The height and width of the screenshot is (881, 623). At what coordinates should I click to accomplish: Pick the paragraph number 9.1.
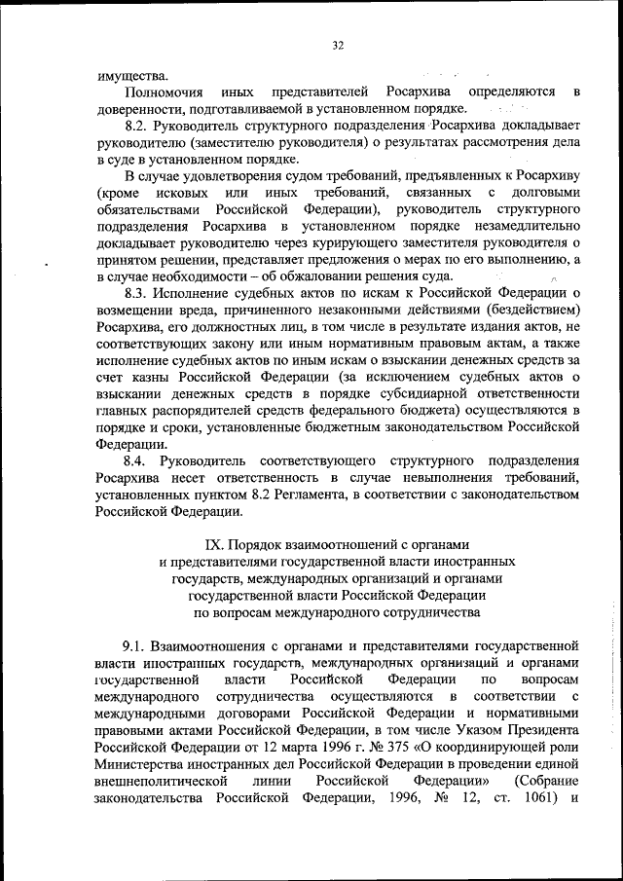click(137, 645)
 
